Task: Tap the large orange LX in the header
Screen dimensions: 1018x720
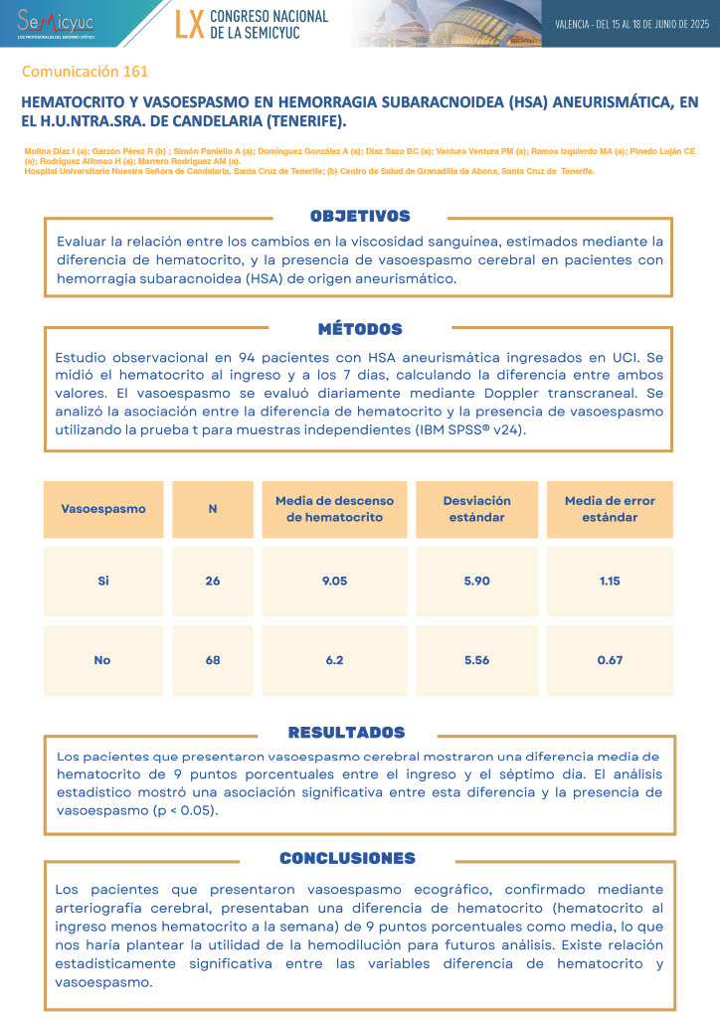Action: click(189, 24)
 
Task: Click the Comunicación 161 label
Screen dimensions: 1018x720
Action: click(85, 72)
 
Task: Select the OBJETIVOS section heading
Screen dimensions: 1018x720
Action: click(360, 216)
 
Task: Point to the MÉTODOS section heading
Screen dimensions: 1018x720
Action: click(360, 329)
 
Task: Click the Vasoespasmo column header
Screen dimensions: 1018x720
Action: click(103, 509)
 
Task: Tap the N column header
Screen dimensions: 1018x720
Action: click(213, 509)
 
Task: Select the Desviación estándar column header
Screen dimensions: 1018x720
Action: click(477, 509)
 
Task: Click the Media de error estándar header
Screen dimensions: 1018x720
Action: click(610, 509)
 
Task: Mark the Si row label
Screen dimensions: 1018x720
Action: click(103, 581)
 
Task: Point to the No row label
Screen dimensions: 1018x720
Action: click(102, 660)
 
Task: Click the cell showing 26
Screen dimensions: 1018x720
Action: click(213, 581)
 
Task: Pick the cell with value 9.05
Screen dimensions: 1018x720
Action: click(334, 581)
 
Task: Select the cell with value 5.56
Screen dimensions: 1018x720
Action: click(477, 660)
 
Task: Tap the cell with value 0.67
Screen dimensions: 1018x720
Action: click(610, 660)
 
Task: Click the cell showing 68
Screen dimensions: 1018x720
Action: click(213, 660)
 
